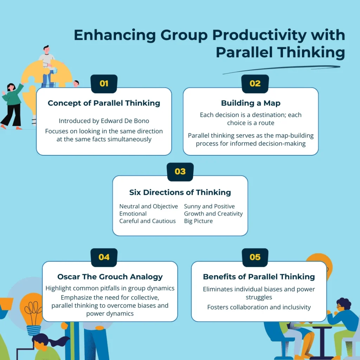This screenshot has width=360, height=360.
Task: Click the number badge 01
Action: coord(104,84)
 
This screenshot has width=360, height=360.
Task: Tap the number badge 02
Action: coord(255,84)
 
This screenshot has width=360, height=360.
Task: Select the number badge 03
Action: coord(180,172)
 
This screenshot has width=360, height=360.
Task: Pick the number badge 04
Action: coord(104,257)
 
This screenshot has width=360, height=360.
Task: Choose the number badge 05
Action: coord(255,257)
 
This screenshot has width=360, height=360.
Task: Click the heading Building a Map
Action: coord(251,103)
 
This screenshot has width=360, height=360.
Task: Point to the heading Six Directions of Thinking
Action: coord(180,192)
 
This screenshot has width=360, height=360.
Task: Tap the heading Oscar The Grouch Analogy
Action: coord(110,277)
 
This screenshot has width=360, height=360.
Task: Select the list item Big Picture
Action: coord(198,221)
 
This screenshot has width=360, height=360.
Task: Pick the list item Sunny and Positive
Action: coord(210,206)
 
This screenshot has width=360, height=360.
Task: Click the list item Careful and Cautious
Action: coord(147,221)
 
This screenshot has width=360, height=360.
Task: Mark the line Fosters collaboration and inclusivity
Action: coord(259,307)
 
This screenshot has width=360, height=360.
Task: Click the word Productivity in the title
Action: coord(259,36)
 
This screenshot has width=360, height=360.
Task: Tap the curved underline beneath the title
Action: coord(281,69)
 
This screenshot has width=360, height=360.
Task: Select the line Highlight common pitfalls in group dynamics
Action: coord(110,288)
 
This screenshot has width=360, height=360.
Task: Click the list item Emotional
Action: coord(133,213)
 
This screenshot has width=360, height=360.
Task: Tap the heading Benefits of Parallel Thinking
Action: coord(259,277)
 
